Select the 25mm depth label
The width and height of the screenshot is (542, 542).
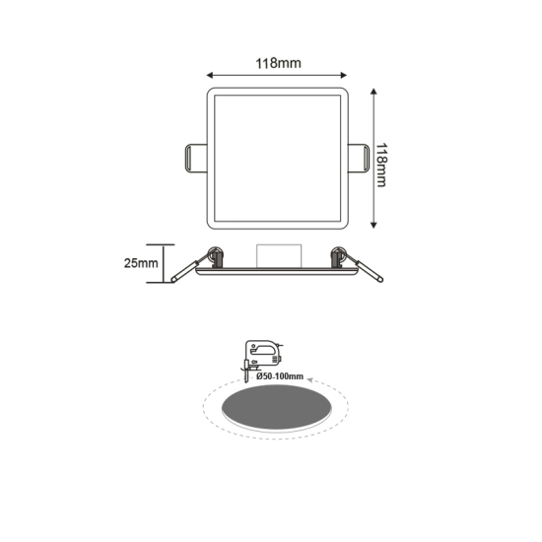click(x=143, y=264)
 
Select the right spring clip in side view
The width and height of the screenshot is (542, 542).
click(x=361, y=265)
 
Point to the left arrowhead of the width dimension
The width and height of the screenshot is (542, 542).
click(x=210, y=75)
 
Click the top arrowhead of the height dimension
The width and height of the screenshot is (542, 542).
click(x=375, y=91)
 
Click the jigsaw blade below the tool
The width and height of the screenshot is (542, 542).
click(x=244, y=375)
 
